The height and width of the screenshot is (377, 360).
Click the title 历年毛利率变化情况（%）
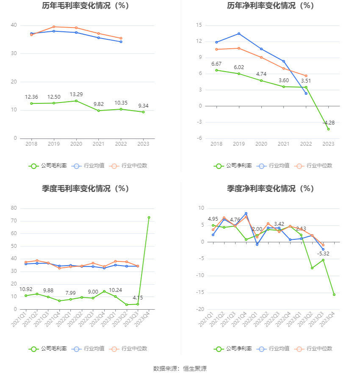(x=85, y=6)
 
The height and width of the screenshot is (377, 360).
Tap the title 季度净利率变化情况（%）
(x=270, y=189)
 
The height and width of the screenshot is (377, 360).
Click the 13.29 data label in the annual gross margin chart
(x=76, y=94)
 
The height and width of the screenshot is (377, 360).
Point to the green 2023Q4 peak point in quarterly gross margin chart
(x=149, y=217)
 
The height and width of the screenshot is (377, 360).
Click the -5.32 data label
(x=323, y=254)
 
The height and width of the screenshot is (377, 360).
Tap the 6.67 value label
(x=216, y=64)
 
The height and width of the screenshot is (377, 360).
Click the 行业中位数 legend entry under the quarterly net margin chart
(x=315, y=349)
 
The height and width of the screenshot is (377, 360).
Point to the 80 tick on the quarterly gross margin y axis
(x=14, y=208)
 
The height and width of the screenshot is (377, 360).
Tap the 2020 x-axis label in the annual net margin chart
(x=261, y=144)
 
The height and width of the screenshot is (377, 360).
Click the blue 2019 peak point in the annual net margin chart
(x=239, y=33)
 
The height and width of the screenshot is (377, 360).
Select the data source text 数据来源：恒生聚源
(x=180, y=369)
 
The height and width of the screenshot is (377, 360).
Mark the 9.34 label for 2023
(x=143, y=106)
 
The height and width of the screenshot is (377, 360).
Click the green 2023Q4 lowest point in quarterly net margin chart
(x=334, y=294)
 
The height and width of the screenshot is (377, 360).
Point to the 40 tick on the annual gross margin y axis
(x=14, y=25)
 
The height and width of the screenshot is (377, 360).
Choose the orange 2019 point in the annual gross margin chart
(x=54, y=27)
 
